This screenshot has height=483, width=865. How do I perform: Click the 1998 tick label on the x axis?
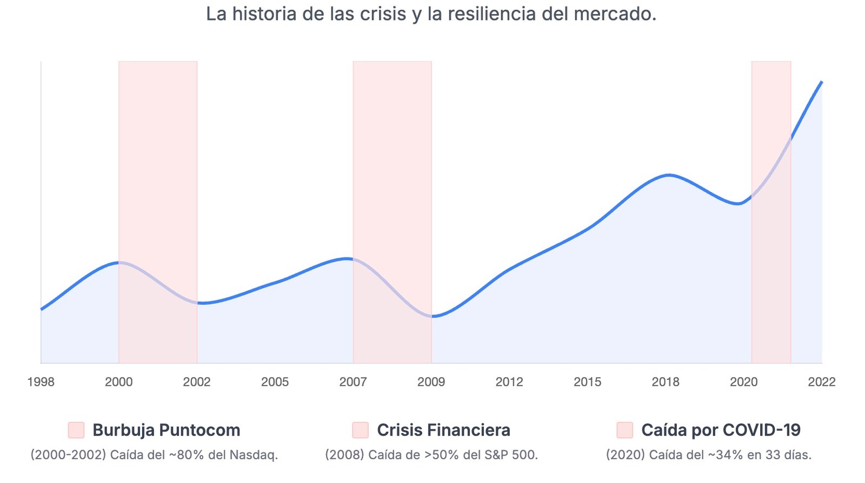(x=41, y=382)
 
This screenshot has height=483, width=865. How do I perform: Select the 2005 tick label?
(x=275, y=382)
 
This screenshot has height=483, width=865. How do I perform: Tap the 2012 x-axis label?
(x=509, y=382)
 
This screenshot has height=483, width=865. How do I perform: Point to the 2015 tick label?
(x=587, y=382)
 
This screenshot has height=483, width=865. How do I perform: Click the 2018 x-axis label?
(x=666, y=382)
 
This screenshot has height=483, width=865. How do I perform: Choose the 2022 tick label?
(x=821, y=382)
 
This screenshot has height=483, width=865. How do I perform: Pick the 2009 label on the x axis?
(x=431, y=382)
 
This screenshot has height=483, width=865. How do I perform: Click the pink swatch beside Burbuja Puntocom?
(x=76, y=430)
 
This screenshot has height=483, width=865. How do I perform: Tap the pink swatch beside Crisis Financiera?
(x=360, y=430)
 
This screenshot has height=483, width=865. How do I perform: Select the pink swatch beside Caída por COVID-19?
(x=624, y=430)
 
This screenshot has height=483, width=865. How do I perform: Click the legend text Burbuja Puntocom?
(x=167, y=430)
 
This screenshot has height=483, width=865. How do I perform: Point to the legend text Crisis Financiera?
(x=443, y=430)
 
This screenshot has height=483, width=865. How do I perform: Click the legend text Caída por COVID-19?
(x=721, y=430)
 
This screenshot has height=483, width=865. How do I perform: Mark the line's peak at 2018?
(x=669, y=175)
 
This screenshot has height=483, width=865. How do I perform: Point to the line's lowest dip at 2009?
(x=433, y=317)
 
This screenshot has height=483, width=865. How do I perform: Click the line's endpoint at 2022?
(x=822, y=82)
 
